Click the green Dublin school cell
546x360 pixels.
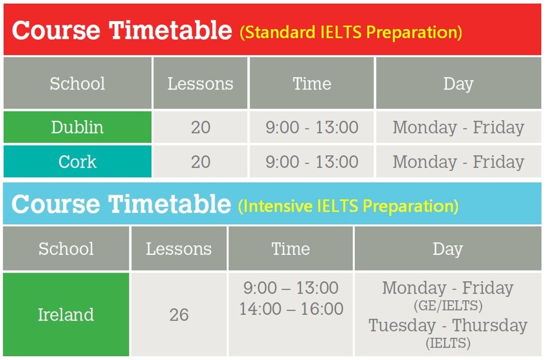pyautogui.click(x=77, y=127)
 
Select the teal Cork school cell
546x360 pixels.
pyautogui.click(x=77, y=162)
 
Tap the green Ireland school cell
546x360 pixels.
pyautogui.click(x=66, y=314)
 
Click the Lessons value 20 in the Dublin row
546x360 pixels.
pyautogui.click(x=201, y=127)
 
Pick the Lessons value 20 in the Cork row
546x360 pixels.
pyautogui.click(x=201, y=162)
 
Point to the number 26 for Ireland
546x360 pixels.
pyautogui.click(x=179, y=315)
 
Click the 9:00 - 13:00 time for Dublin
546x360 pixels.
pyautogui.click(x=312, y=127)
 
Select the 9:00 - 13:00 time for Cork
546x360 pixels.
pyautogui.click(x=312, y=162)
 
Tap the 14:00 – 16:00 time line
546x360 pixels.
pyautogui.click(x=292, y=309)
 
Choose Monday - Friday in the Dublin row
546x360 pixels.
pyautogui.click(x=459, y=127)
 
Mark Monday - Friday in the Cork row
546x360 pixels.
pyautogui.click(x=459, y=162)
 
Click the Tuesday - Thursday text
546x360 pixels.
pyautogui.click(x=448, y=326)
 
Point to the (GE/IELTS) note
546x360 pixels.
pyautogui.click(x=448, y=306)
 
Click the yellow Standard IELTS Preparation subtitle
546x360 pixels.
pyautogui.click(x=351, y=32)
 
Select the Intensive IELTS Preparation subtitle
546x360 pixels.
pyautogui.click(x=348, y=206)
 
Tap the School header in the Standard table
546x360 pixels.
pyautogui.click(x=77, y=84)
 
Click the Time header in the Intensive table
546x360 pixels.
pyautogui.click(x=291, y=249)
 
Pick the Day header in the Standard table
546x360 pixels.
pyautogui.click(x=458, y=84)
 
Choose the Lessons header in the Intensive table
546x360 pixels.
pyautogui.click(x=178, y=249)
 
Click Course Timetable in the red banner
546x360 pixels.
pyautogui.click(x=122, y=30)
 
